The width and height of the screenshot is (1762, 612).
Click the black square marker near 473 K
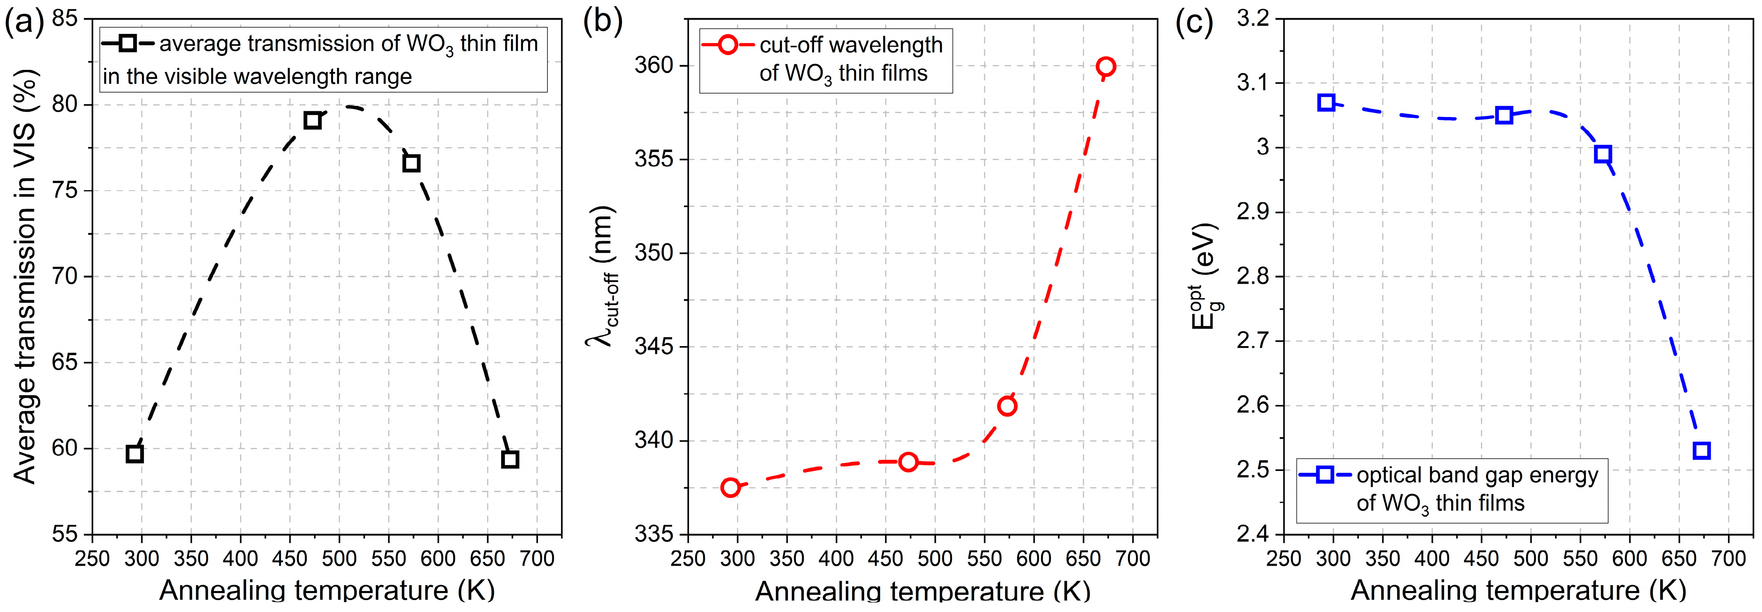[312, 120]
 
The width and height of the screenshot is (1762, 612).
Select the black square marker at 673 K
[509, 459]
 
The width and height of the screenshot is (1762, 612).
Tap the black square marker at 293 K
[135, 453]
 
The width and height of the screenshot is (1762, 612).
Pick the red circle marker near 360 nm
[1105, 66]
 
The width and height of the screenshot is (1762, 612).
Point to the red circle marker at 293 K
[730, 488]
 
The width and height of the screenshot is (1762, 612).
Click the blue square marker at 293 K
[1326, 103]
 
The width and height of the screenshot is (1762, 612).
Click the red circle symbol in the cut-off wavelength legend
[728, 45]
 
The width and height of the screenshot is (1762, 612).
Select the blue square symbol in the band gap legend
[1325, 475]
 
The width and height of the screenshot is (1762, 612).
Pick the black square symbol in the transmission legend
[127, 44]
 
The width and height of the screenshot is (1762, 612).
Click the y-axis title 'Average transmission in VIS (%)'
[25, 277]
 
